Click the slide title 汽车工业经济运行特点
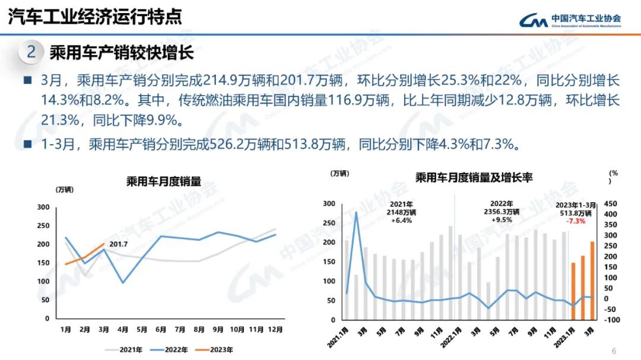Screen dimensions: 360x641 pos(95,17)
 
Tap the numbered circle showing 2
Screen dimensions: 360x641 pos(31,53)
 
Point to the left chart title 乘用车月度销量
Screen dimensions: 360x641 pos(163,181)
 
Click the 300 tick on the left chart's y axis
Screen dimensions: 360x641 pos(43,207)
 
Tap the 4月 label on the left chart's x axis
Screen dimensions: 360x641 pos(122,329)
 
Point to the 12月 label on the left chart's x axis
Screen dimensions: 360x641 pos(274,329)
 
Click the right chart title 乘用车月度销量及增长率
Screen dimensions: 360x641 pos(474,177)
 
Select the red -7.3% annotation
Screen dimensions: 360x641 pos(576,221)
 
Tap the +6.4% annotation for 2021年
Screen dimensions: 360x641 pos(401,220)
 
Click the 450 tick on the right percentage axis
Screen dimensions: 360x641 pos(611,203)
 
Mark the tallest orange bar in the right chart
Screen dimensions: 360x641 pos(592,279)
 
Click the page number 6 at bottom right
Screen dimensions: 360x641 pos(614,350)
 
